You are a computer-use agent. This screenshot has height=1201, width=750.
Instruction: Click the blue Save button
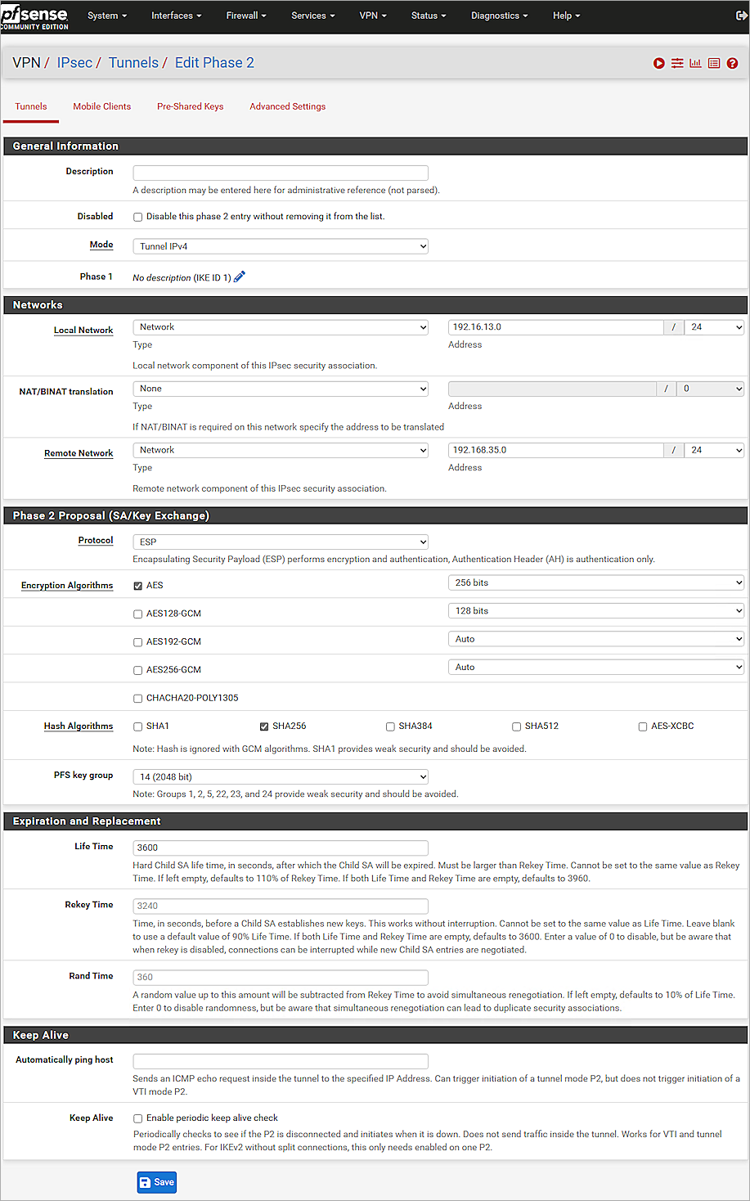click(x=156, y=1182)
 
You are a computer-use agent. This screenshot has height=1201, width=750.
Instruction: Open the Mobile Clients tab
click(x=101, y=106)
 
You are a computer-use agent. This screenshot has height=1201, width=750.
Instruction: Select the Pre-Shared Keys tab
click(x=190, y=106)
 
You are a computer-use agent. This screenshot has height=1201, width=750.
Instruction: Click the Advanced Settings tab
click(x=287, y=106)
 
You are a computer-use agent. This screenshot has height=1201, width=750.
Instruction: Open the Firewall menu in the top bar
click(x=246, y=16)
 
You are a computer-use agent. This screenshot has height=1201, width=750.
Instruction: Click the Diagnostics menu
click(x=499, y=16)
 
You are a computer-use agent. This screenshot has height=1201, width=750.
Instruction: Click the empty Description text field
click(x=280, y=173)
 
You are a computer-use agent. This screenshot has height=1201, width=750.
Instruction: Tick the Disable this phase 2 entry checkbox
click(x=138, y=217)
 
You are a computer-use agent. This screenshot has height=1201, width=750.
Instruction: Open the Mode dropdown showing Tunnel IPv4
click(x=280, y=246)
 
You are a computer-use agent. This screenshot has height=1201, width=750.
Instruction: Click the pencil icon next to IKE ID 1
click(x=240, y=277)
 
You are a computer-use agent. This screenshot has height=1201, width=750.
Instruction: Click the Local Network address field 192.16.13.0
click(x=555, y=327)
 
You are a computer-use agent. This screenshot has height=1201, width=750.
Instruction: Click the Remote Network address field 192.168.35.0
click(x=555, y=450)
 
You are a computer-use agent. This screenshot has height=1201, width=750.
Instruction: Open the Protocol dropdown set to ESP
click(x=280, y=542)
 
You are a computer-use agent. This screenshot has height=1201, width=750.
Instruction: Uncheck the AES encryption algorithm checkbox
click(x=138, y=586)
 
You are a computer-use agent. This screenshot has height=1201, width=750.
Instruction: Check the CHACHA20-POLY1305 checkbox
click(x=138, y=699)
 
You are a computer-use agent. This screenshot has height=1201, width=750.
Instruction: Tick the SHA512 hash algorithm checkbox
click(x=517, y=726)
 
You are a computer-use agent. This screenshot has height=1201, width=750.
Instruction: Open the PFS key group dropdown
click(x=280, y=776)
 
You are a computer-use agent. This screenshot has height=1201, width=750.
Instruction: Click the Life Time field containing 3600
click(x=280, y=848)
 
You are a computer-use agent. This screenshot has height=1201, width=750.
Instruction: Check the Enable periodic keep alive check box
click(x=138, y=1118)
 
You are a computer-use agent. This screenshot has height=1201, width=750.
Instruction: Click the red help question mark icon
click(x=732, y=63)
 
